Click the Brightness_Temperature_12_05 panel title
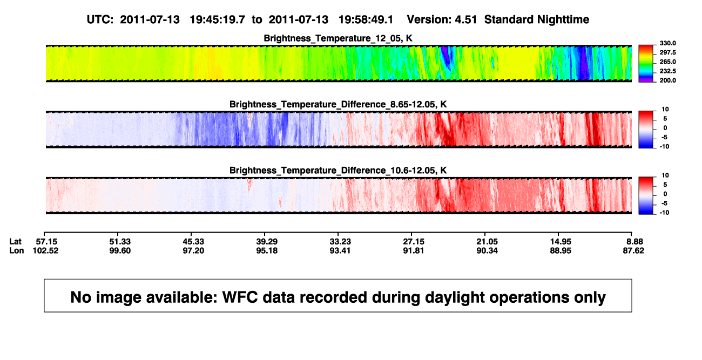(x=338, y=38)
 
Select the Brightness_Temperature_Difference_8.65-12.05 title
(x=338, y=104)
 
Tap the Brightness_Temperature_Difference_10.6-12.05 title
(x=338, y=171)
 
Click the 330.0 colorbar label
(x=667, y=43)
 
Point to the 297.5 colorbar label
(x=667, y=53)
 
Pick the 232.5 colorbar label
(x=667, y=71)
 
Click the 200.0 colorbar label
(x=667, y=80)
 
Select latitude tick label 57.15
(x=46, y=242)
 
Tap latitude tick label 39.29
(x=267, y=242)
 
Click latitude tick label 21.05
(x=487, y=242)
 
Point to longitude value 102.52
(x=45, y=250)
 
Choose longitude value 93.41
(x=340, y=250)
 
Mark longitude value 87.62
(x=633, y=250)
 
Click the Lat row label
(x=15, y=242)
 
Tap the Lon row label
(x=17, y=250)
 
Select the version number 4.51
(x=466, y=20)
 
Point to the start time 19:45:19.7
(x=218, y=20)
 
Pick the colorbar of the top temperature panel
(x=646, y=64)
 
